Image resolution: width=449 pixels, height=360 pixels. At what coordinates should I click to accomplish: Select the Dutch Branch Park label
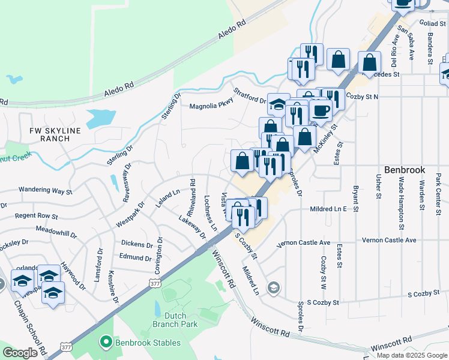175,319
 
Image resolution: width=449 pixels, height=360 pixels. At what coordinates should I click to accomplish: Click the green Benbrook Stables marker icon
106,343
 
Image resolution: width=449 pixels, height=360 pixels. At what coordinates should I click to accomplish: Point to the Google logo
20,353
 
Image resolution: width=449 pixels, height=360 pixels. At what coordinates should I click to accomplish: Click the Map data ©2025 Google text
412,355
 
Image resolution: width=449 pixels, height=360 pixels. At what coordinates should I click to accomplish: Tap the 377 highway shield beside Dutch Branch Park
155,283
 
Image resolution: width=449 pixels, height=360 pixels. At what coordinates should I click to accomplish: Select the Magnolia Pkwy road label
211,106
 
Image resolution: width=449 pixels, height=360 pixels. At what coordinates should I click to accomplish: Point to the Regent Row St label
37,215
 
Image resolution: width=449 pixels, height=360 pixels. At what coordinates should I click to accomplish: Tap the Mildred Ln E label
328,209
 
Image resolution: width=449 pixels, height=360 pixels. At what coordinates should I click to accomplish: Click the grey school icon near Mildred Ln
274,289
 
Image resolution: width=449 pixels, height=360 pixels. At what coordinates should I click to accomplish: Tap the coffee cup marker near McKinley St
321,111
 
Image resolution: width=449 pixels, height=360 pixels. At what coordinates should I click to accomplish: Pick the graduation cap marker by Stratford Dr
279,104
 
